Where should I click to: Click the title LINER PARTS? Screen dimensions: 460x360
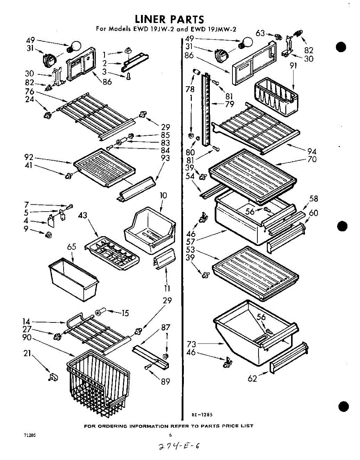pos(169,19)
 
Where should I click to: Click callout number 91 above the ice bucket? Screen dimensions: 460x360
pos(293,65)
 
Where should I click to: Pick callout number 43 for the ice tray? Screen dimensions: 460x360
pos(83,216)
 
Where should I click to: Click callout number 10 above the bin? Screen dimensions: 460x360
pos(164,195)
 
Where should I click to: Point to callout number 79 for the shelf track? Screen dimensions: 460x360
pos(230,103)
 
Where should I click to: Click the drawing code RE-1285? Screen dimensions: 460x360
pos(202,414)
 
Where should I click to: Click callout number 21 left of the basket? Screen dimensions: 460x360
pos(27,354)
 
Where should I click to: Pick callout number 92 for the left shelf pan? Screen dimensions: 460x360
pos(29,157)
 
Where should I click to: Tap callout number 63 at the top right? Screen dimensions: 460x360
pos(260,33)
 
